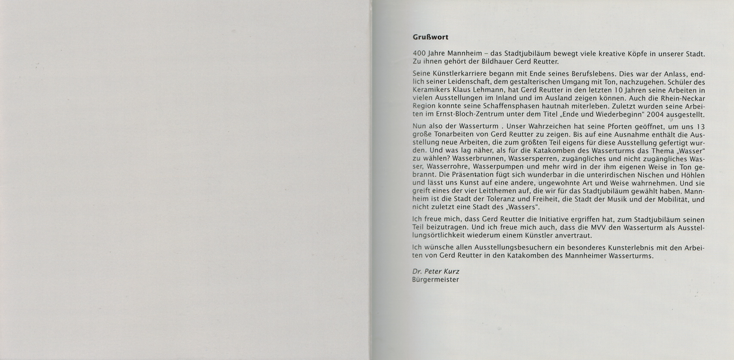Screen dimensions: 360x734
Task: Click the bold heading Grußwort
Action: pyautogui.click(x=430, y=37)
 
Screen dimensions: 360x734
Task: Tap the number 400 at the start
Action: pyautogui.click(x=419, y=53)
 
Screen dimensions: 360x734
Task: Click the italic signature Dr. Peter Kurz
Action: pyautogui.click(x=436, y=271)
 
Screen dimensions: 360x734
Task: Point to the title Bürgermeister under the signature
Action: pyautogui.click(x=436, y=280)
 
